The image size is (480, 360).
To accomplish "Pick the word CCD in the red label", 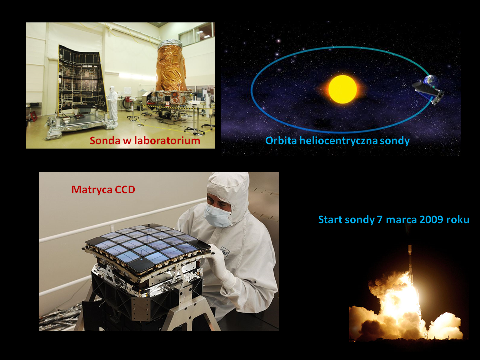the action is (125, 190).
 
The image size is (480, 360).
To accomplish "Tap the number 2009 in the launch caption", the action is (432, 220).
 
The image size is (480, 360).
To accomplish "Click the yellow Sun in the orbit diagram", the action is (343, 89).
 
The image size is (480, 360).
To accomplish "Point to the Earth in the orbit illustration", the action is (431, 82).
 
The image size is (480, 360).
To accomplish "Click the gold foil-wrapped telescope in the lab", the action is (171, 66).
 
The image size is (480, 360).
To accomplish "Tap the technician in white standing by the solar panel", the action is (112, 104).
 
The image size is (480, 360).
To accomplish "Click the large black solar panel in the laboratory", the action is (82, 79).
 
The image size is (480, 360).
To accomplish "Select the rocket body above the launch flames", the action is (410, 260).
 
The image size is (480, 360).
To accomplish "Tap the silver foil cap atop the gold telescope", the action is (170, 44).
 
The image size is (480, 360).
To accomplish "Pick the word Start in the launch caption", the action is (331, 220).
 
